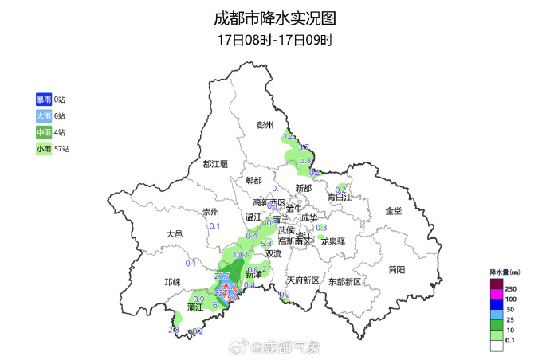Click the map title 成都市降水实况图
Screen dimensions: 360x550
pyautogui.click(x=275, y=18)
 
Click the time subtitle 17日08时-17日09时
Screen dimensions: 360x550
pyautogui.click(x=275, y=40)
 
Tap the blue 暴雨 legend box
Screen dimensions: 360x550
pyautogui.click(x=43, y=100)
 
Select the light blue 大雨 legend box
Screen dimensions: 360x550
pyautogui.click(x=43, y=115)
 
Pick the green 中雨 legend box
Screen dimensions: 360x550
pyautogui.click(x=43, y=132)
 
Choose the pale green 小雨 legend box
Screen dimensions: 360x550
pyautogui.click(x=43, y=149)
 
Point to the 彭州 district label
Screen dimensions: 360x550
pyautogui.click(x=265, y=125)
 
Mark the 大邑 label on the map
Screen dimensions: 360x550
pyautogui.click(x=175, y=234)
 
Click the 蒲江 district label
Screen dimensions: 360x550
pyautogui.click(x=196, y=307)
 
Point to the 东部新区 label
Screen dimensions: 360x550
pyautogui.click(x=344, y=281)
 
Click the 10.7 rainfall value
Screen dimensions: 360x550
pyautogui.click(x=241, y=255)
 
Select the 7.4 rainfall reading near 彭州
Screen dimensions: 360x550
pyautogui.click(x=289, y=138)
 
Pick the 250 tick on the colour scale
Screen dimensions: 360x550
pyautogui.click(x=510, y=288)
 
